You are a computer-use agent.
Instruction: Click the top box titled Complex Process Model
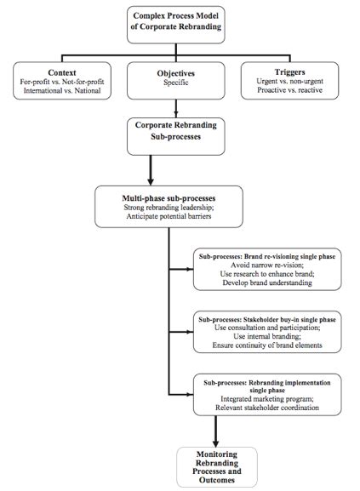click(180, 22)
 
